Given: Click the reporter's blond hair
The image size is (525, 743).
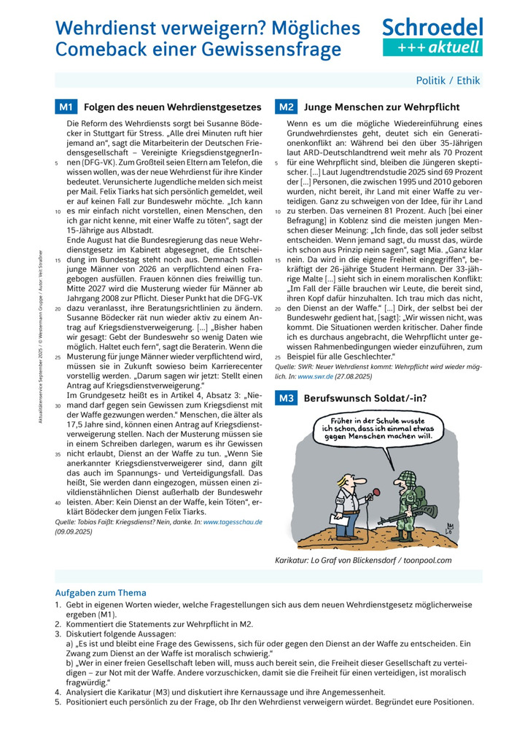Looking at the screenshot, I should pos(349,478).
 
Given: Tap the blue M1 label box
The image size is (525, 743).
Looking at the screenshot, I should pos(65,107).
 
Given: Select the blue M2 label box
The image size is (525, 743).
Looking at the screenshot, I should pos(285,107).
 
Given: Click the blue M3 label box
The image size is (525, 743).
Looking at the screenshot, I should pos(285,398).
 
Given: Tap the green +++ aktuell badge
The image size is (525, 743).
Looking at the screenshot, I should pos(432,47).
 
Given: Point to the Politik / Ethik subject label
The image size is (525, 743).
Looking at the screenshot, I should pos(448,81).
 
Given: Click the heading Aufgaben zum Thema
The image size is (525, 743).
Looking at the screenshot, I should pos(101,593).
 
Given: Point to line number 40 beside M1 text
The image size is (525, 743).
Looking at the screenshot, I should pos(58,502).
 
